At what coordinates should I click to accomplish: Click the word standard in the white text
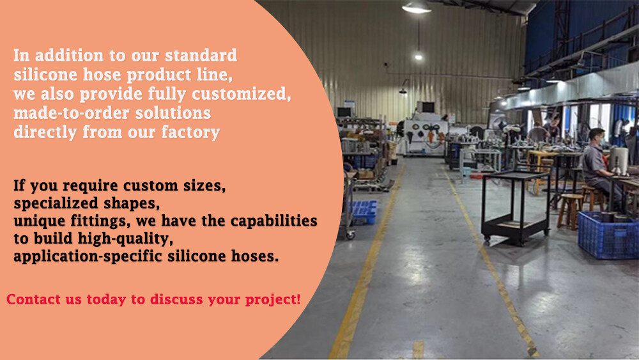(201, 56)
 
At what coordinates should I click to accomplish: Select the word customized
(242, 94)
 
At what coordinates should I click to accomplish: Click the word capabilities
(274, 221)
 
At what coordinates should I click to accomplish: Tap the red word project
(273, 300)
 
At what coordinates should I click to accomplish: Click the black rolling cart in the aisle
(516, 208)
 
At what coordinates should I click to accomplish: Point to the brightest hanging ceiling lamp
(417, 7)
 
